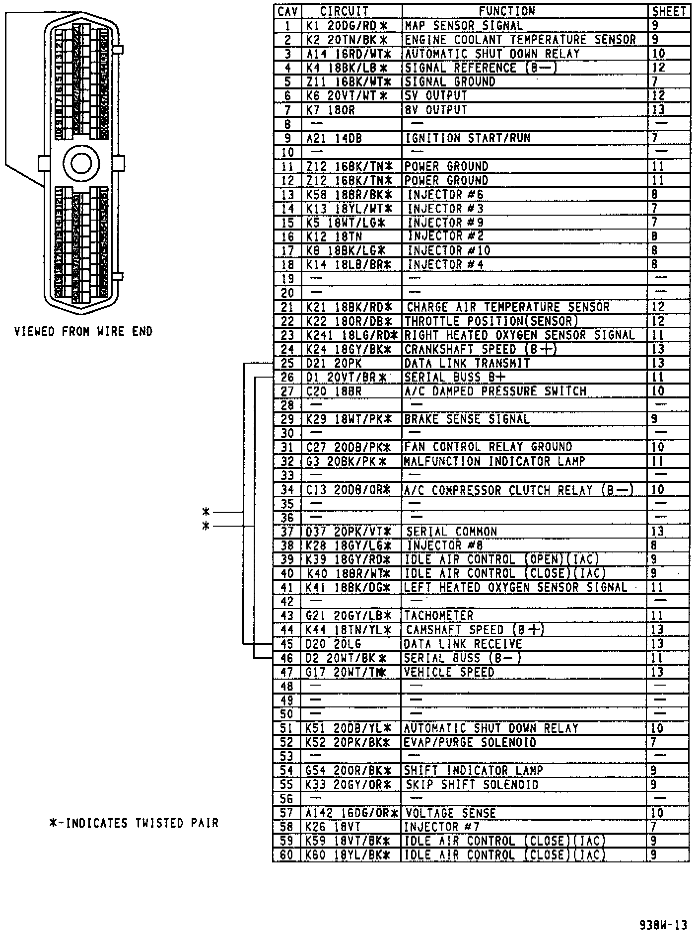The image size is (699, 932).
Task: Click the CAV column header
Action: click(287, 11)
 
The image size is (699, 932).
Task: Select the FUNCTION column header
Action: click(507, 11)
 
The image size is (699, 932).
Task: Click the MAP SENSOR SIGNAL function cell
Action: click(464, 25)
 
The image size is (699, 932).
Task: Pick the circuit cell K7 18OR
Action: click(331, 110)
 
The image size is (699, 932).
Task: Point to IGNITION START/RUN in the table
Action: click(467, 138)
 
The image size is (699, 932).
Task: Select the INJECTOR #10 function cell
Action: click(449, 251)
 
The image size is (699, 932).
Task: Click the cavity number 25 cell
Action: click(287, 363)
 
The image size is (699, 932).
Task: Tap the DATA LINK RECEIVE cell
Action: click(463, 644)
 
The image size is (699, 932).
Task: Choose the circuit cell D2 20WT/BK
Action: click(346, 658)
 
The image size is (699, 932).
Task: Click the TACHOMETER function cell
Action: click(439, 616)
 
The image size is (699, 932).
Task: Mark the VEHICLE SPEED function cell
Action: click(449, 672)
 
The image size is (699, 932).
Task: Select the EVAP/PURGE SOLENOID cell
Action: click(470, 743)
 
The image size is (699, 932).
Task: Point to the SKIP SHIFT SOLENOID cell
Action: click(472, 785)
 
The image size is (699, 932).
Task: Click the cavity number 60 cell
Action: click(287, 855)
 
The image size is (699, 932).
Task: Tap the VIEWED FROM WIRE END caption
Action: click(83, 331)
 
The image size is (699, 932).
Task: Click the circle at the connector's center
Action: click(81, 163)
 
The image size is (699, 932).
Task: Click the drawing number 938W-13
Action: click(663, 925)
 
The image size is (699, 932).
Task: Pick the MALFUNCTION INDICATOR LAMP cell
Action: click(494, 462)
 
